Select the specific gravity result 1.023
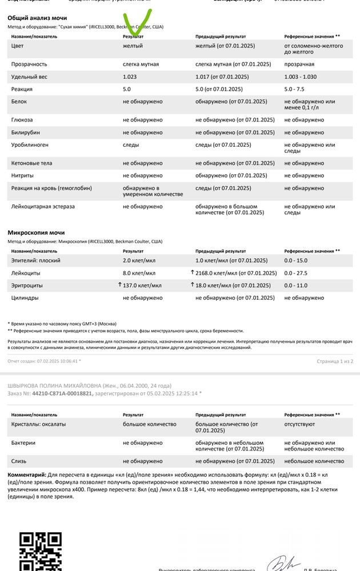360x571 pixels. pyautogui.click(x=130, y=77)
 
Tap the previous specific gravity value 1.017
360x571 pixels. pyautogui.click(x=222, y=77)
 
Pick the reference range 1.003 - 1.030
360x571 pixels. pyautogui.click(x=300, y=77)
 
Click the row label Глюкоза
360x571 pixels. pyautogui.click(x=22, y=120)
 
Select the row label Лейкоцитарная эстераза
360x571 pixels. pyautogui.click(x=43, y=206)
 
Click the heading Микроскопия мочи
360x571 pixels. pyautogui.click(x=36, y=233)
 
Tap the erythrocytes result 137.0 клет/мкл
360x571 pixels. pyautogui.click(x=142, y=285)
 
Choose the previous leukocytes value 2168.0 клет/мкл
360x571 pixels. pyautogui.click(x=235, y=273)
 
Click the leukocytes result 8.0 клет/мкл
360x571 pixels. pyautogui.click(x=139, y=273)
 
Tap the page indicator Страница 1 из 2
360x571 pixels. pyautogui.click(x=335, y=361)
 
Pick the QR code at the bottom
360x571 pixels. pyautogui.click(x=41, y=551)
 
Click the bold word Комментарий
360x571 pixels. pyautogui.click(x=26, y=475)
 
